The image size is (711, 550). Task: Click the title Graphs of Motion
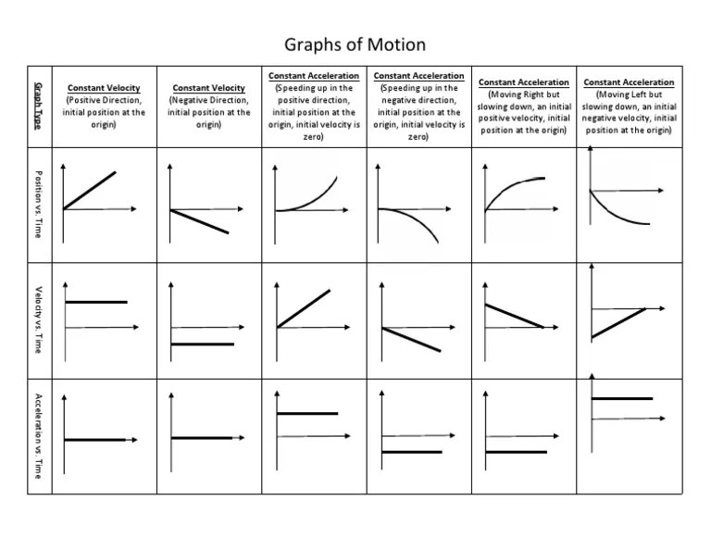coord(355,44)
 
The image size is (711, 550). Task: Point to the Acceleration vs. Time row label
coord(38,435)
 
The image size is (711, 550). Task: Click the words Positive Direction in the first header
coord(104,100)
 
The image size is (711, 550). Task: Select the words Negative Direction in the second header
coord(209,100)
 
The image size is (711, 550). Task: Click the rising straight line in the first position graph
coord(90,191)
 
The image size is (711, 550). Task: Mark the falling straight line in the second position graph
coord(199,221)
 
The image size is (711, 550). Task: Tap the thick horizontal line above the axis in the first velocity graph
coord(94,302)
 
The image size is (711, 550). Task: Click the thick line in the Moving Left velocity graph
coord(617,322)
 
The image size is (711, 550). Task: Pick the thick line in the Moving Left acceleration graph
coord(621,398)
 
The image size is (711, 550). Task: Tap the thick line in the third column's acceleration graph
coord(307,414)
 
